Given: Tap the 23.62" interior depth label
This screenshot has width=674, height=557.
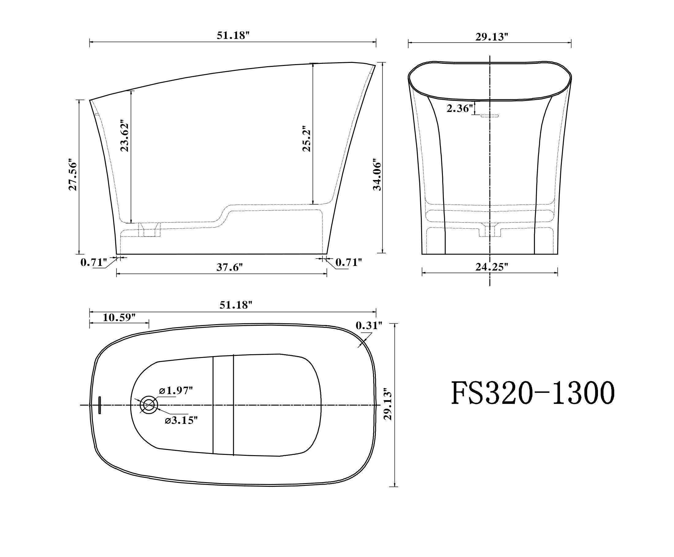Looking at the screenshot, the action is (x=124, y=136).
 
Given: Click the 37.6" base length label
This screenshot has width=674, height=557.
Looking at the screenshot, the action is (x=230, y=267).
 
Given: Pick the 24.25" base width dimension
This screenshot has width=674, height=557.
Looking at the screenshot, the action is (x=492, y=267).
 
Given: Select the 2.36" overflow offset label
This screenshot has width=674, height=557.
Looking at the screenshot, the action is (x=460, y=109).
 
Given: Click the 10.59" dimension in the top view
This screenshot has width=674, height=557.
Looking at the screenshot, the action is (x=119, y=317).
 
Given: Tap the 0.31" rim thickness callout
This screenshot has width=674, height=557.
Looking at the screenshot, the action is (x=369, y=325).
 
